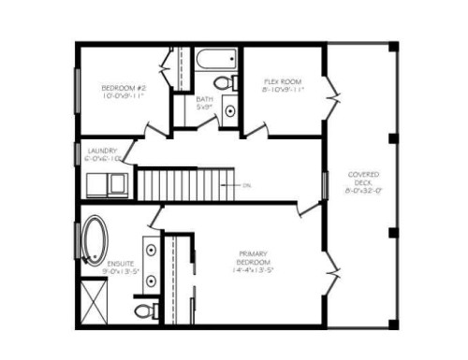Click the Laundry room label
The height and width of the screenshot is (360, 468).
101,151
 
